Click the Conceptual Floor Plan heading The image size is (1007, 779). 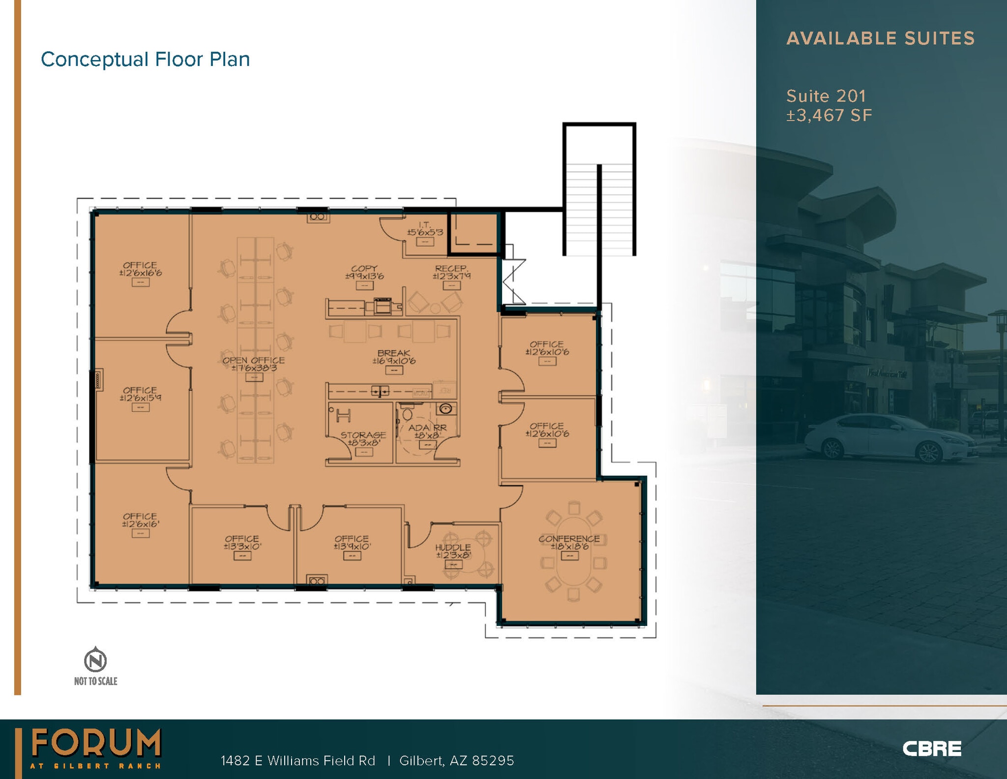point(145,60)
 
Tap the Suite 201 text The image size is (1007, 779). point(826,96)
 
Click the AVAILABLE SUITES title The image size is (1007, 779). point(880,38)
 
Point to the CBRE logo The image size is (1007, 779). point(931,748)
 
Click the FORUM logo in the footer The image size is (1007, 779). point(96,744)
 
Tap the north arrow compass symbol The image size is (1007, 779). point(95,660)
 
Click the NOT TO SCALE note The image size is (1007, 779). point(95,681)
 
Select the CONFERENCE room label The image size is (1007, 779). point(569,539)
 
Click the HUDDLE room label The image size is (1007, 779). point(453,548)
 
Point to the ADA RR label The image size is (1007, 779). point(427,428)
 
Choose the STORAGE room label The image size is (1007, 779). point(363,435)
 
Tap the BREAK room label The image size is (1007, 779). point(393,353)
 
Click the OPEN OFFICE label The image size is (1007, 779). point(253,360)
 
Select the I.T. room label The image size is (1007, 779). point(425,225)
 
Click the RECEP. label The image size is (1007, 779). point(451,269)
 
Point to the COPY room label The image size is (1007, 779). point(364,269)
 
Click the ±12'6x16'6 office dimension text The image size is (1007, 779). point(140,273)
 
